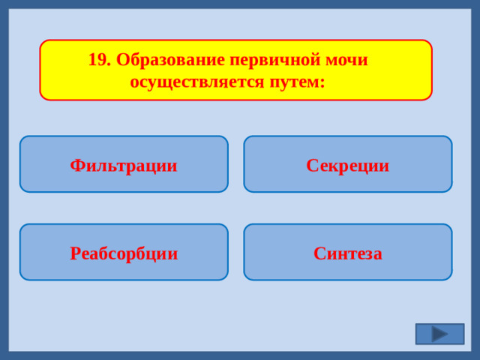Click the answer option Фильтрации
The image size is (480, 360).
click(x=124, y=164)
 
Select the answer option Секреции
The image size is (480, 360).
click(x=347, y=164)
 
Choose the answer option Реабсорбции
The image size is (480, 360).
click(x=124, y=253)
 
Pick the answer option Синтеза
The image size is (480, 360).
click(x=347, y=253)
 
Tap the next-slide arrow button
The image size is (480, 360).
click(x=439, y=334)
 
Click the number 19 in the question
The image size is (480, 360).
click(x=97, y=60)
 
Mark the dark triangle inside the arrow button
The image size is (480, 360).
click(x=439, y=334)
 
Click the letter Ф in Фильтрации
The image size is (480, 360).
click(x=76, y=165)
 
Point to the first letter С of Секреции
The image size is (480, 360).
click(x=311, y=165)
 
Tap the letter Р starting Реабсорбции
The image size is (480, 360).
click(x=75, y=253)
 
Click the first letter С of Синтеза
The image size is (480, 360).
click(x=319, y=253)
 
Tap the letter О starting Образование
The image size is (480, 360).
click(x=122, y=60)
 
